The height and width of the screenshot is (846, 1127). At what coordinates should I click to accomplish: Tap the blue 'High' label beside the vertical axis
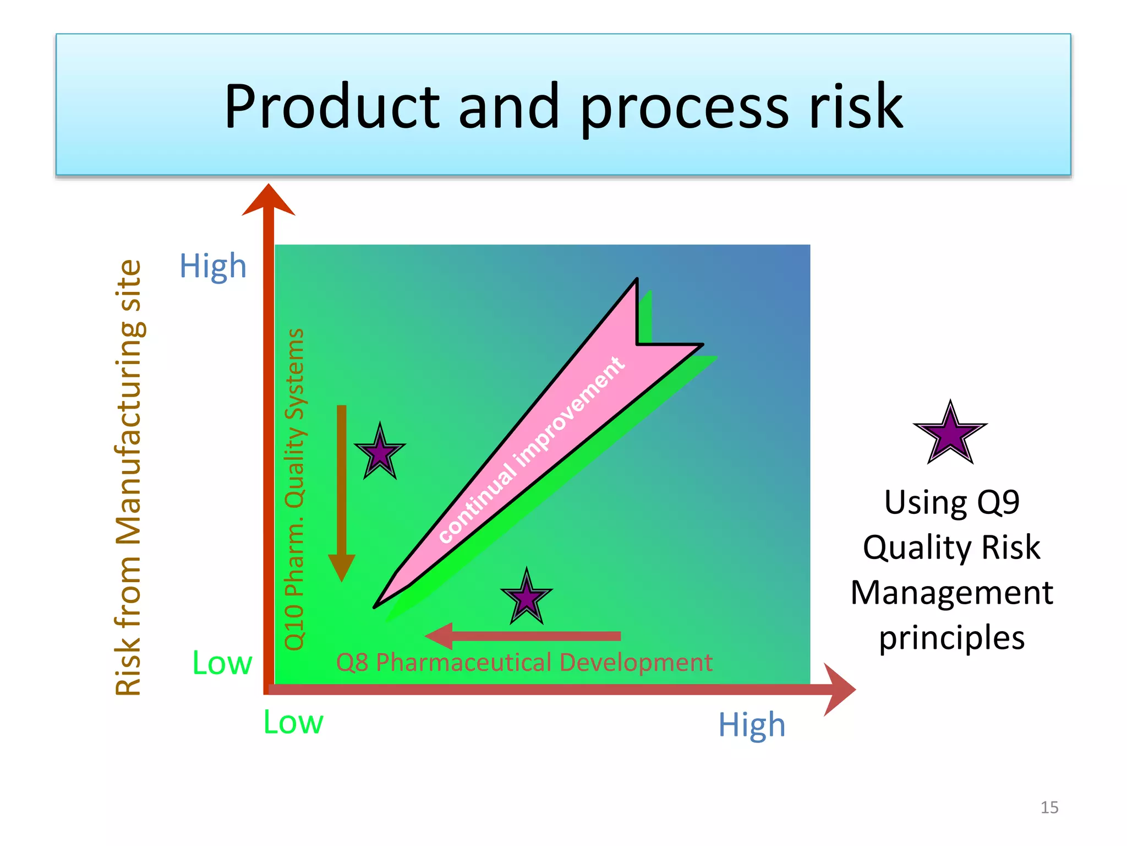pyautogui.click(x=213, y=267)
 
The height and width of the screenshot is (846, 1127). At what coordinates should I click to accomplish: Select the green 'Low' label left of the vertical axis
pyautogui.click(x=222, y=663)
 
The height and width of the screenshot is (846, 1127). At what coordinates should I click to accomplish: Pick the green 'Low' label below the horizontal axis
pyautogui.click(x=293, y=722)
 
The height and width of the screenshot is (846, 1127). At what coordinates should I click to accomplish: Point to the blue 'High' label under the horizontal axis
pyautogui.click(x=752, y=725)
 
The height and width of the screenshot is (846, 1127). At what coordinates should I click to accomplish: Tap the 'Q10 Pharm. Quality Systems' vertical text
pyautogui.click(x=295, y=489)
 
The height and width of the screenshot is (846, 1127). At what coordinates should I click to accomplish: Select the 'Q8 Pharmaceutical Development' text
pyautogui.click(x=524, y=663)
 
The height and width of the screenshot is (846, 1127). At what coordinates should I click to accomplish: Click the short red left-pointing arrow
pyautogui.click(x=523, y=636)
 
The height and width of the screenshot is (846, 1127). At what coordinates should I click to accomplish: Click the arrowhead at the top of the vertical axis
pyautogui.click(x=269, y=201)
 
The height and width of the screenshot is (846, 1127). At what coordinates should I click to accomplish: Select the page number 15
pyautogui.click(x=1049, y=807)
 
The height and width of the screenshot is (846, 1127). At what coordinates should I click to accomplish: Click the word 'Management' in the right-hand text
pyautogui.click(x=951, y=593)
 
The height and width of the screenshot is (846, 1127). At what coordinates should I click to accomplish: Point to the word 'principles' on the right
pyautogui.click(x=951, y=638)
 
